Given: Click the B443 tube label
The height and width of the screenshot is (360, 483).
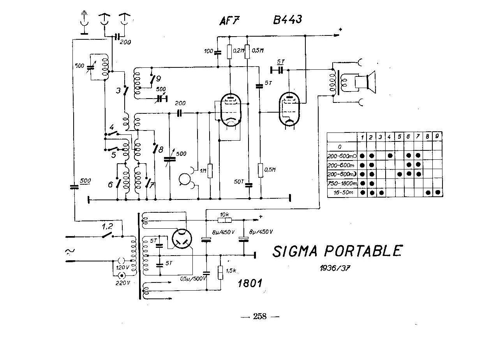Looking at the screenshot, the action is point(287,20).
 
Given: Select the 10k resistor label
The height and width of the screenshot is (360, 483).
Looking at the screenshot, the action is point(224,214).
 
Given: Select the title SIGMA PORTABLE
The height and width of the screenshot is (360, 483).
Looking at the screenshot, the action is point(337,251).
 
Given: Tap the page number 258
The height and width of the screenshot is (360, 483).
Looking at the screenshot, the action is point(260,316).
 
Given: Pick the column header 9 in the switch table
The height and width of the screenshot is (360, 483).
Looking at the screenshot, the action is point(437,137).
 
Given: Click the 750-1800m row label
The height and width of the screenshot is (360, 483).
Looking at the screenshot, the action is point(342,183).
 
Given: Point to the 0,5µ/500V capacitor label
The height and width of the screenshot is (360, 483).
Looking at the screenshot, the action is point(193,279).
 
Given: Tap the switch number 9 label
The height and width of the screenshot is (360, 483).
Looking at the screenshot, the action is point(158,78).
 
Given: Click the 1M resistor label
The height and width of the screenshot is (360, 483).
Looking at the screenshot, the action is point(203,170).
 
